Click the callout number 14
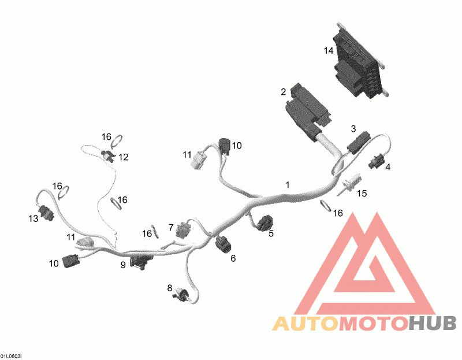[x=329, y=51]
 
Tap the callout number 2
[x=284, y=92]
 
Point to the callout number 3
[x=353, y=128]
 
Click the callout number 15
[x=362, y=194]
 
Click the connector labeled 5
[x=264, y=222]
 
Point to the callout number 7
[x=171, y=227]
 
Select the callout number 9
[x=123, y=265]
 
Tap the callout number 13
[x=33, y=218]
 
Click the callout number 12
[x=124, y=157]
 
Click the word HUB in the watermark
[x=433, y=323]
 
